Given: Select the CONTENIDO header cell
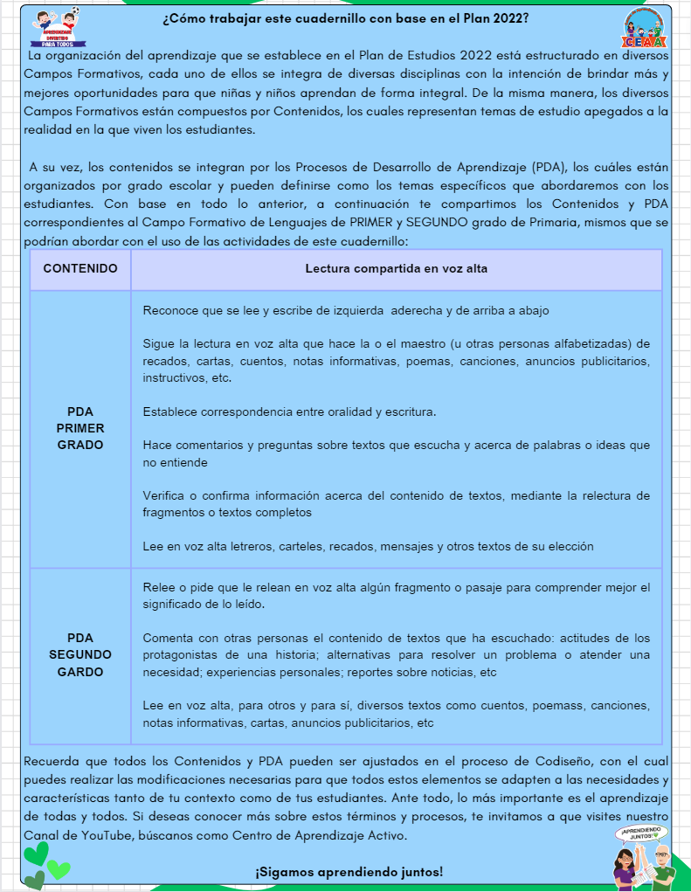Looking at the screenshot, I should point(80,269).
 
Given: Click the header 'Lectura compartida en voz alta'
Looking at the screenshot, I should point(396,269).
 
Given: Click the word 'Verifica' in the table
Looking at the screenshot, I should point(165,495).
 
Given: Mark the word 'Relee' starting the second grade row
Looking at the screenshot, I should point(158,587).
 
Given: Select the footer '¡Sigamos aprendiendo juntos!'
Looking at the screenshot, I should point(349,872).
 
